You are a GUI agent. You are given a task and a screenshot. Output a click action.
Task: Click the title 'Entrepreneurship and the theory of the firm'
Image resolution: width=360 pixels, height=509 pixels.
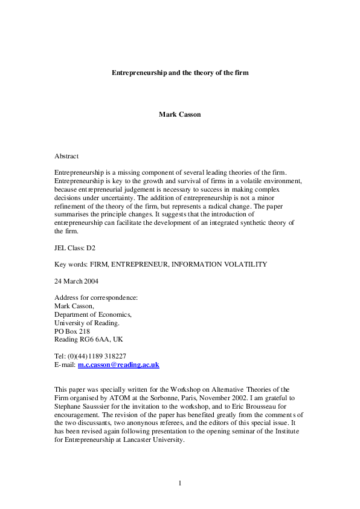click(180, 73)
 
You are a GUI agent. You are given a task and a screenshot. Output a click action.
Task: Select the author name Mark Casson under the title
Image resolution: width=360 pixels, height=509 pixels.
click(179, 114)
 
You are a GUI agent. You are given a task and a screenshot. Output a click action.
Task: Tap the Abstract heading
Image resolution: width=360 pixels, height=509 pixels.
click(66, 156)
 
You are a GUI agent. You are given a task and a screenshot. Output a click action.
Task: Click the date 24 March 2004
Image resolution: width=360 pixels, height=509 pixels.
click(76, 281)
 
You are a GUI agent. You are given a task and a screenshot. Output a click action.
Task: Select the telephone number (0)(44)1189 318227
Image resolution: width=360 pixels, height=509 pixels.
click(95, 357)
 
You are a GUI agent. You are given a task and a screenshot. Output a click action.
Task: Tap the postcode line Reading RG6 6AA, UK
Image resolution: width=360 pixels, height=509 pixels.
click(88, 340)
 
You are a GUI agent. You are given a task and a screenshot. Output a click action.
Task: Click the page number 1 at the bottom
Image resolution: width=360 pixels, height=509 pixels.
click(180, 483)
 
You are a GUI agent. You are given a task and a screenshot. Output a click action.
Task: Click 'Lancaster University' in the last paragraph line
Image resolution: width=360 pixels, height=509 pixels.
click(153, 440)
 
